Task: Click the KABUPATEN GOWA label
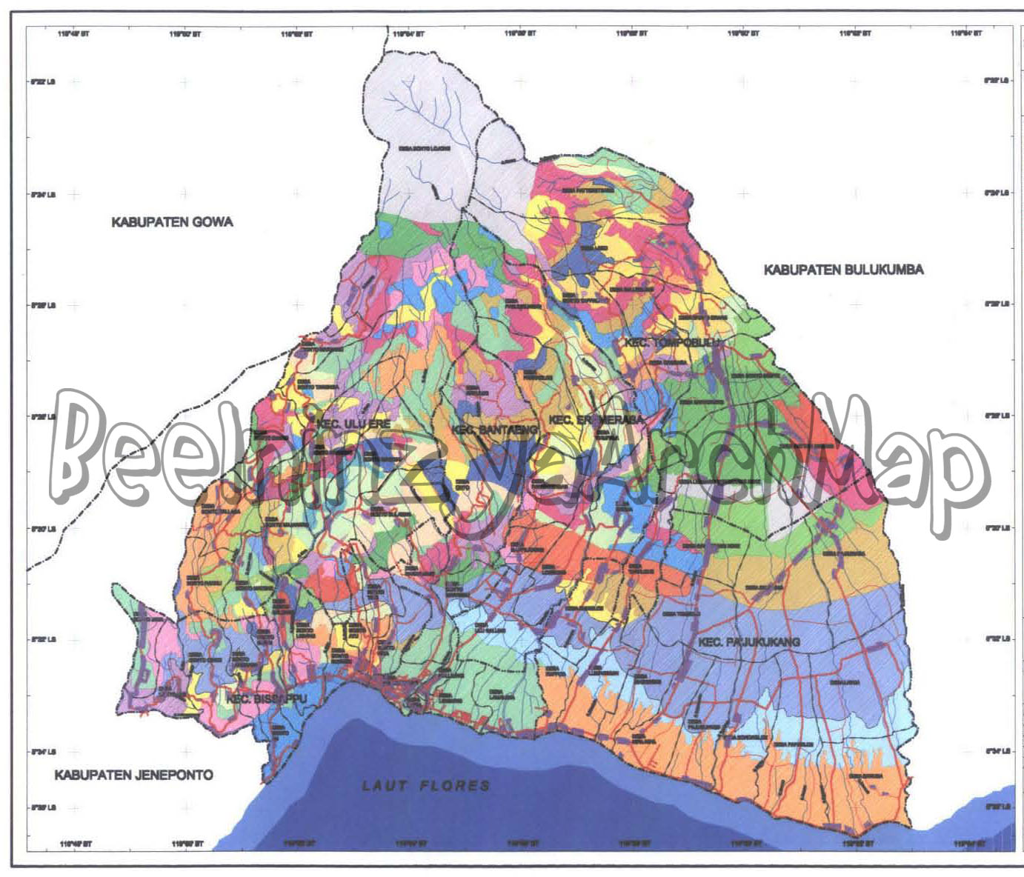[172, 221]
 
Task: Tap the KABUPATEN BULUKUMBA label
[843, 270]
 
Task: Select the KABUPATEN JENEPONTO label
[133, 775]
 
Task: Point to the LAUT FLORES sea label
[426, 785]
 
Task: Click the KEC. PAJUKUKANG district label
[748, 641]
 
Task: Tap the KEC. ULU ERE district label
[353, 424]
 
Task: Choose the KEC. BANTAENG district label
[494, 430]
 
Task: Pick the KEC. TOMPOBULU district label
[671, 342]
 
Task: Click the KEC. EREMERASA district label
[596, 420]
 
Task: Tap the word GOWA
[213, 221]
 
